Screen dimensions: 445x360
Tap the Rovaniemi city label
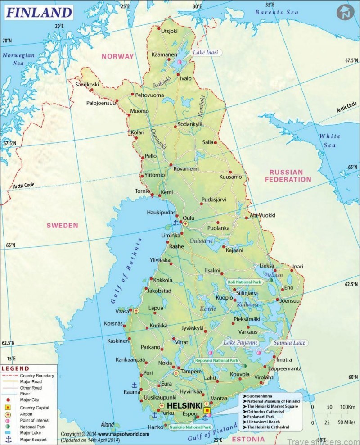point(186,169)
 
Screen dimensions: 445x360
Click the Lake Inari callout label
point(205,53)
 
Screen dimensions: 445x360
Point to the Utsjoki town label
point(169,31)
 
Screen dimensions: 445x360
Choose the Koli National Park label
point(244,282)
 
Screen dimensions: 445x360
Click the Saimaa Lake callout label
point(289,343)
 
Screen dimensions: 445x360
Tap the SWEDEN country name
point(62,225)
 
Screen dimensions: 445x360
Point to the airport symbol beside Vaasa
point(136,311)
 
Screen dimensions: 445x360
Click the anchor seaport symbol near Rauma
point(134,385)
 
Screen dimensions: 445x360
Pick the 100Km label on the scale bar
point(345,407)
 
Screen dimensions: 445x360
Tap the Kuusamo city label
point(230,177)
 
